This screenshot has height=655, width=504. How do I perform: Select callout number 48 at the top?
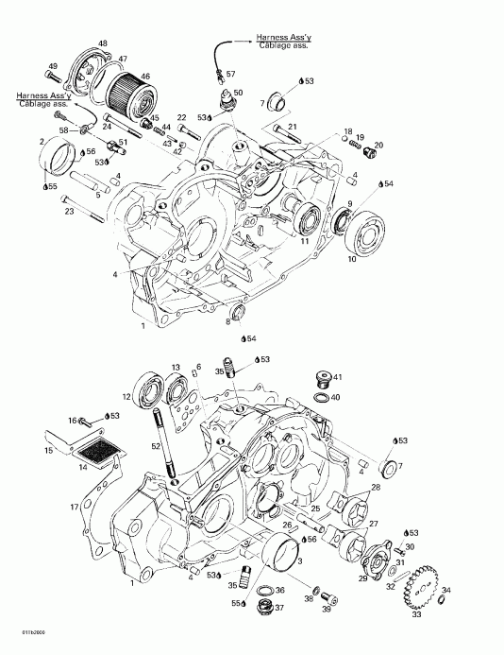click(103, 43)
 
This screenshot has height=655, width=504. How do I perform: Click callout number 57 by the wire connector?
click(231, 73)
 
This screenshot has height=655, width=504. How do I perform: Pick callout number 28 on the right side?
click(376, 487)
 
